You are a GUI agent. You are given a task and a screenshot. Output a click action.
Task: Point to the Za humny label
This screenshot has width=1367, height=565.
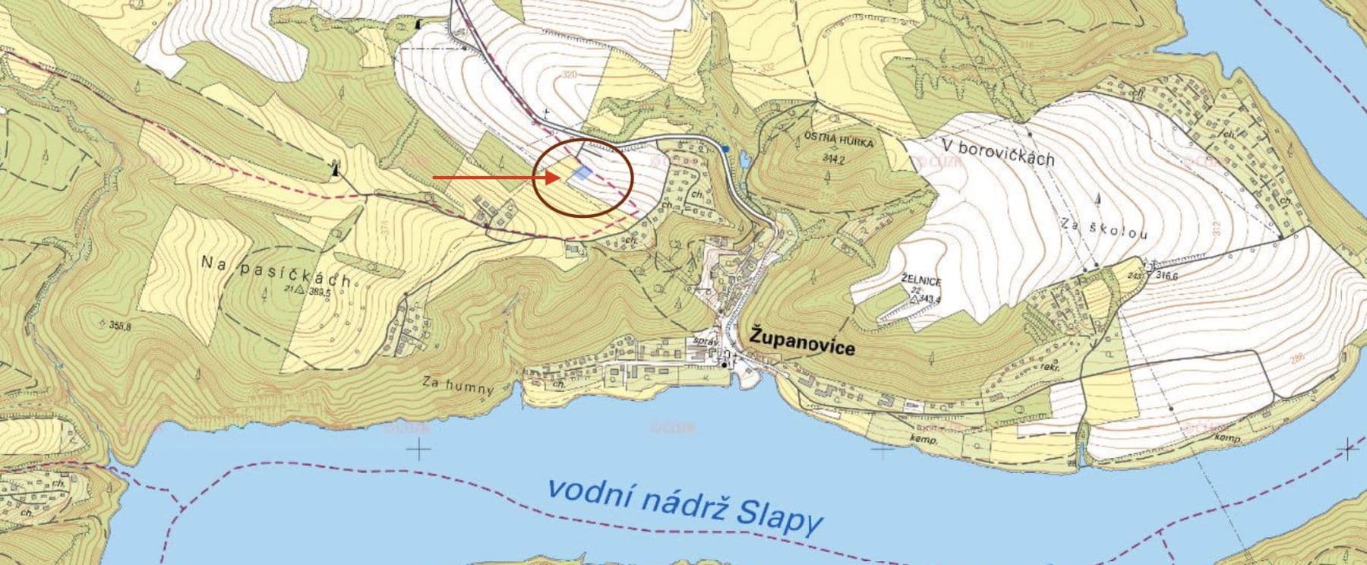point(458,385)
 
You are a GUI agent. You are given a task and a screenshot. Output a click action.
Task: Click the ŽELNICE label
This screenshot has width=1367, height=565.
point(922,281)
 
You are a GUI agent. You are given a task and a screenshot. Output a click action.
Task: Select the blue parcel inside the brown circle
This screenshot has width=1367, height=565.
point(582,174)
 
